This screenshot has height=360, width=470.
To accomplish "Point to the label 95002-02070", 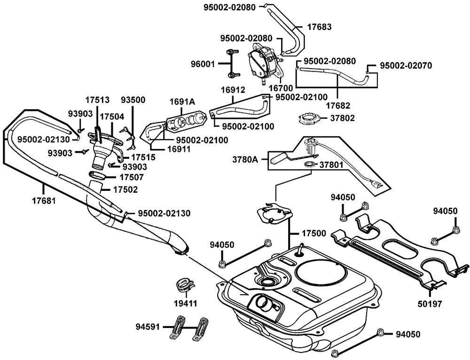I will [406, 65].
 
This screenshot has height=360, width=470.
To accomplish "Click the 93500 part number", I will [133, 100].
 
